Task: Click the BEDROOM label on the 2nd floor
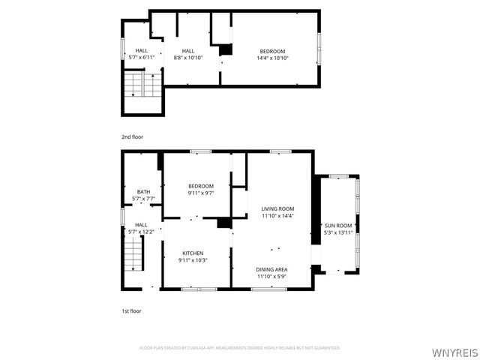272,51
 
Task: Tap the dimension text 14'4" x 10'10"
272,58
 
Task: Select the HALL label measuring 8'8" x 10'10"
187,51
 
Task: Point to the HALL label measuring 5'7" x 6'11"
141,51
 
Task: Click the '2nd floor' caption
132,137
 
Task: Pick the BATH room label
142,192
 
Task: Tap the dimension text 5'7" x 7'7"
142,199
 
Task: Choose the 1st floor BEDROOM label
201,186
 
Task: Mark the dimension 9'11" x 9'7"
201,193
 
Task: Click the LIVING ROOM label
277,208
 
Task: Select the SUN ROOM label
337,226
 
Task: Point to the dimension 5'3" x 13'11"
337,232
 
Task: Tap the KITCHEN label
193,253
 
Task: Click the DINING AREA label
271,269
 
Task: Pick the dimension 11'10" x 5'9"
271,276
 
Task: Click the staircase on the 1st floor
133,259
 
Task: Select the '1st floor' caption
131,310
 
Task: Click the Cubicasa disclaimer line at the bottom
240,348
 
